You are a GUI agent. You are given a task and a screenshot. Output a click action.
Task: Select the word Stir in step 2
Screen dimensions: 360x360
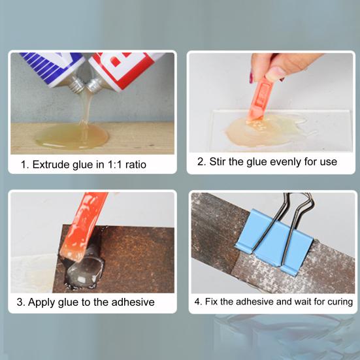pyautogui.click(x=218, y=161)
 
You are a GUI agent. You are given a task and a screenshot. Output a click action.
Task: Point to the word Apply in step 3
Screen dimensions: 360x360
pyautogui.click(x=42, y=303)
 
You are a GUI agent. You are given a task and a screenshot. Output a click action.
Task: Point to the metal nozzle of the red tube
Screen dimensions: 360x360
pyautogui.click(x=93, y=86)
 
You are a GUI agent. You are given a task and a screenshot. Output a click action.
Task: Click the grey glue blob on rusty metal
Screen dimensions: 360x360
pyautogui.click(x=85, y=271)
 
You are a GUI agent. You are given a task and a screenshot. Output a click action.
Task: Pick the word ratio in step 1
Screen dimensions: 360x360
pyautogui.click(x=136, y=165)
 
